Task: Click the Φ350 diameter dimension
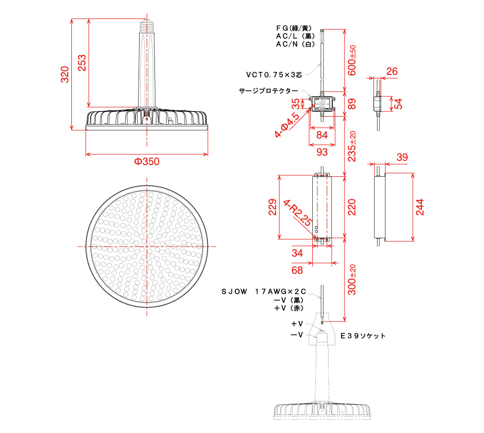[x=147, y=162]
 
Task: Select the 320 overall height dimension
[x=64, y=75]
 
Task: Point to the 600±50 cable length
[x=352, y=60]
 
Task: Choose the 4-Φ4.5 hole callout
[x=287, y=125]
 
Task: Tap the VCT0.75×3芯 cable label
[x=274, y=74]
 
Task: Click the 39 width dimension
[x=402, y=158]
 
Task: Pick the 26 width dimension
[x=391, y=72]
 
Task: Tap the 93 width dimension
[x=321, y=152]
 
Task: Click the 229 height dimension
[x=273, y=207]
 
